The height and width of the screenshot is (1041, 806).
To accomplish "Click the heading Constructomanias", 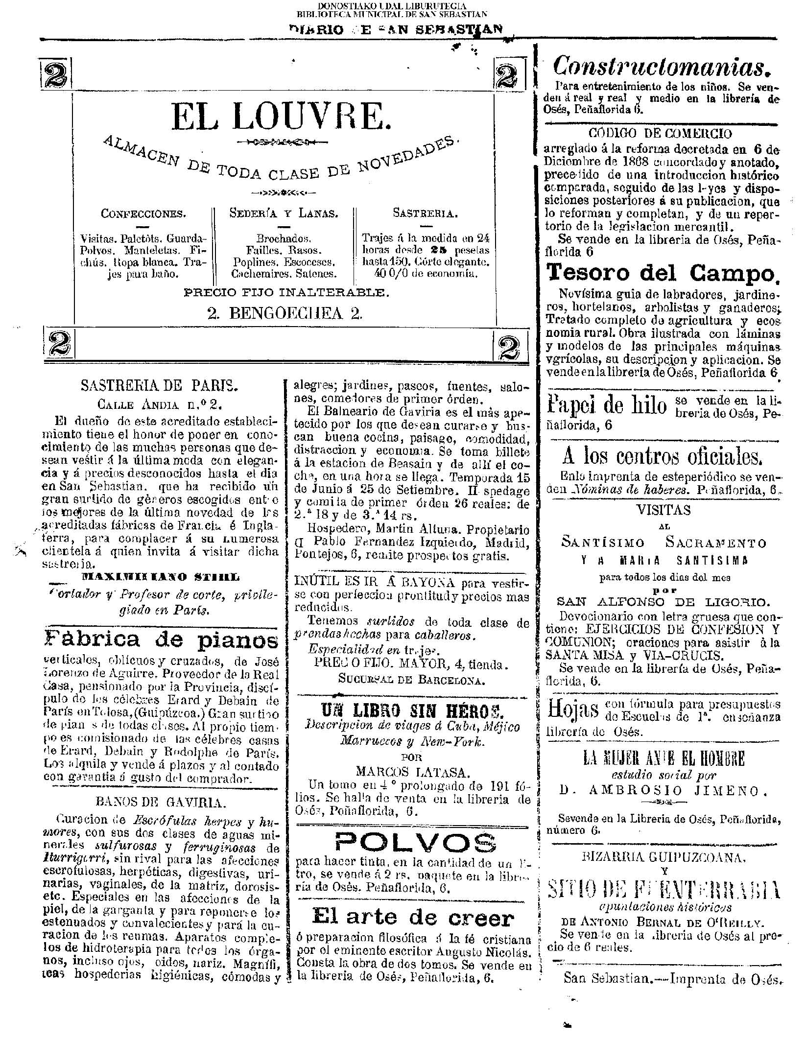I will point(660,67).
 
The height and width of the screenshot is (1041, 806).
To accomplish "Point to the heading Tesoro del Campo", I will point(662,273).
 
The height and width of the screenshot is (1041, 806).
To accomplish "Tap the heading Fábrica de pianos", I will point(161,639).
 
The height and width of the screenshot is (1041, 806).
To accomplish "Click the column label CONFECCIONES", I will point(143,213).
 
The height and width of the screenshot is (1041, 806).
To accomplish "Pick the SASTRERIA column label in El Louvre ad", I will point(426,213).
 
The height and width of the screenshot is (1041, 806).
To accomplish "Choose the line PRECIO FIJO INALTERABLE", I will point(286,293).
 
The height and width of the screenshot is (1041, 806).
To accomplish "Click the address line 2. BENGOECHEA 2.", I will point(285,313).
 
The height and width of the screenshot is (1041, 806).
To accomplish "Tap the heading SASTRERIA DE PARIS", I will point(159,385).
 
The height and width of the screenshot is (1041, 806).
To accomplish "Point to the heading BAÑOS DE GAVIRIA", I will point(161,803).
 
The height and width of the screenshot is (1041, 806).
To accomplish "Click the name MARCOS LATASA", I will point(413,772).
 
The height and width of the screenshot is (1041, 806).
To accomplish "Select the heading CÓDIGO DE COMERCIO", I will point(661,133).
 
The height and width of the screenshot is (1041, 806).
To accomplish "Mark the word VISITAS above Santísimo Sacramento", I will point(664,510).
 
